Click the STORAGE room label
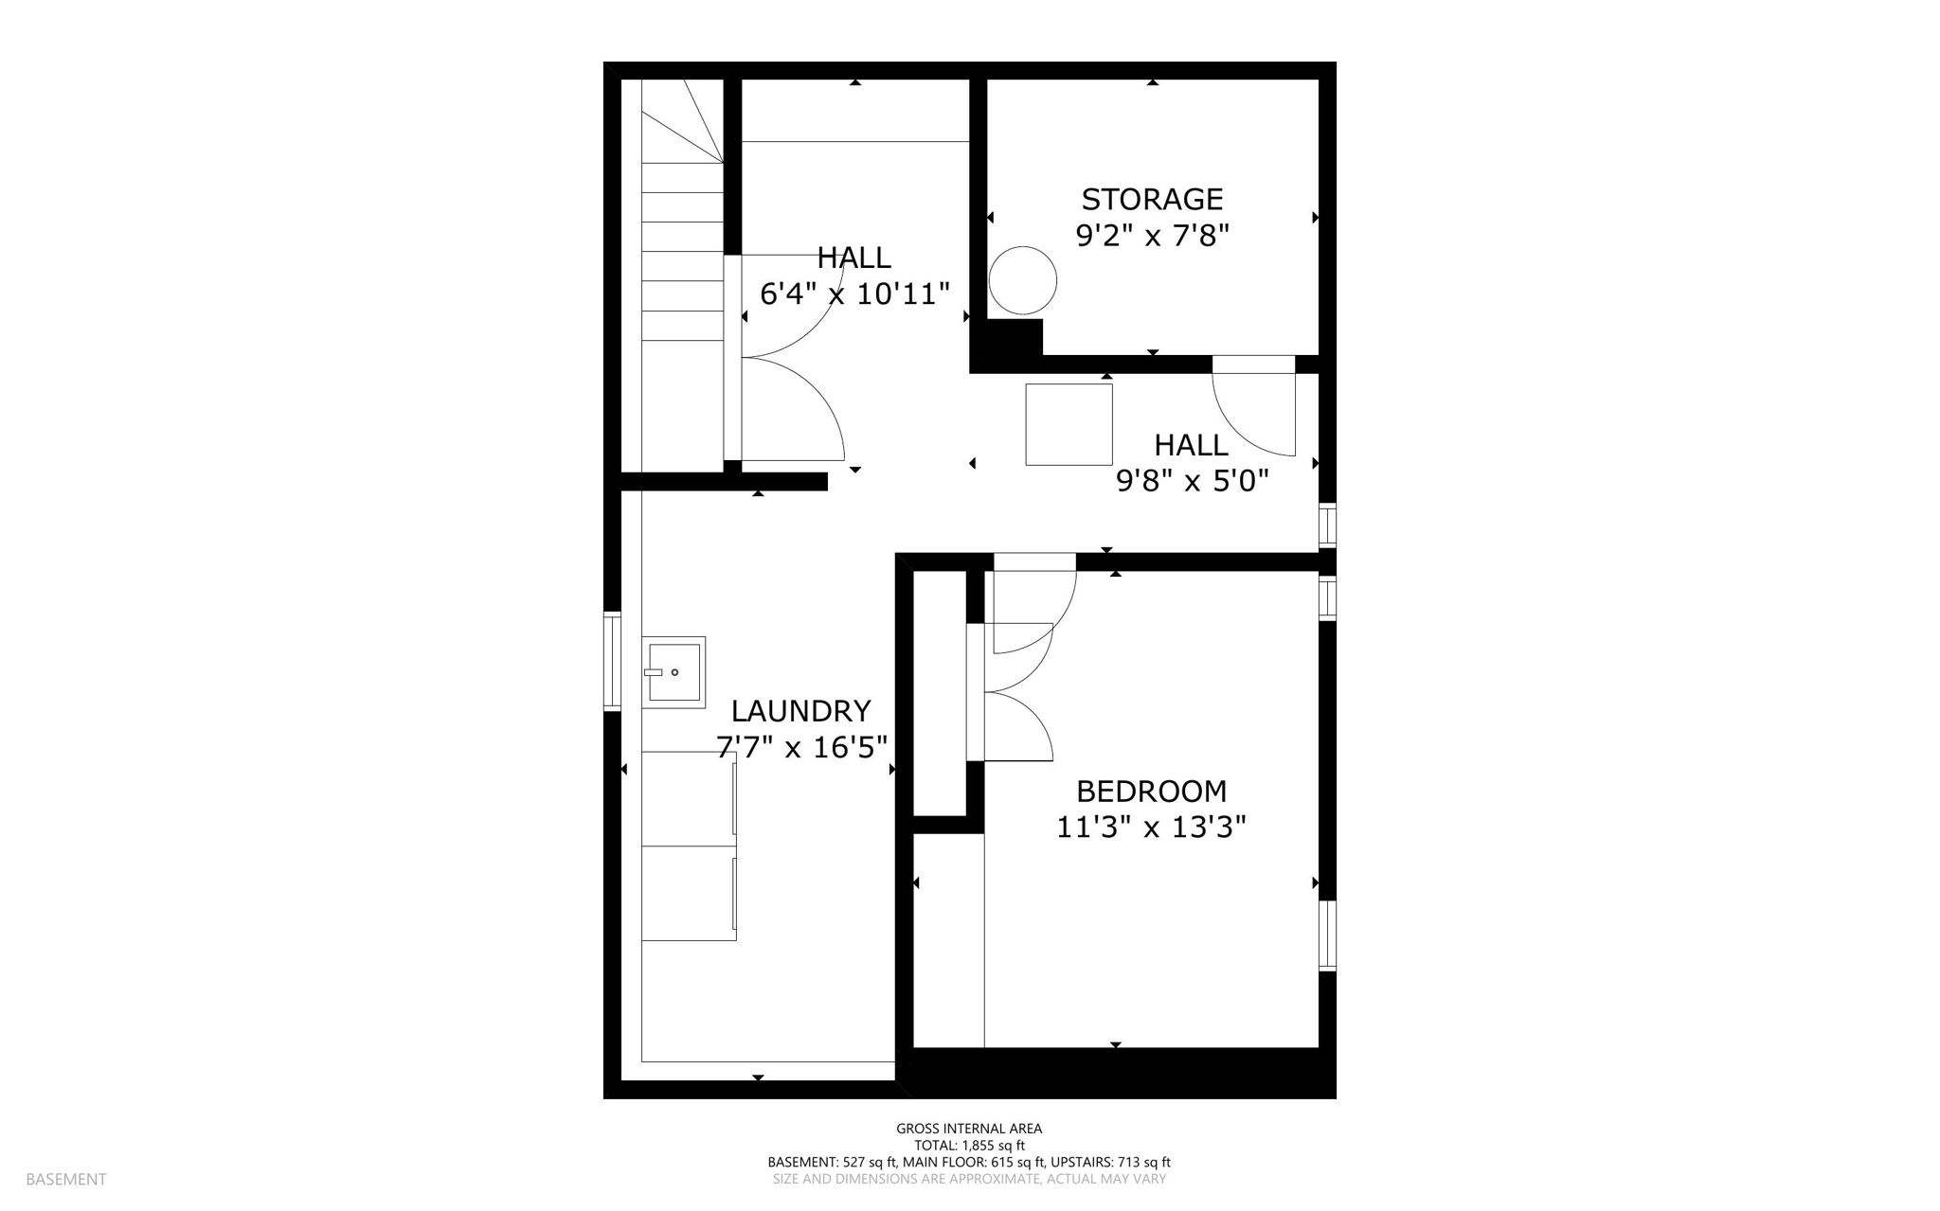click(x=1152, y=200)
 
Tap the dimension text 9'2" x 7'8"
click(x=1152, y=235)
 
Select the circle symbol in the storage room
click(x=1022, y=280)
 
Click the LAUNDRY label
click(x=800, y=711)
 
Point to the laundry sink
click(x=674, y=672)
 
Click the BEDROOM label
click(x=1151, y=791)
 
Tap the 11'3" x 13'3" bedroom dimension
click(x=1151, y=828)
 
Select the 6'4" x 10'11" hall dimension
click(x=854, y=294)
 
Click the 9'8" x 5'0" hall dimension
click(x=1192, y=481)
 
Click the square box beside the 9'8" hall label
click(x=1069, y=424)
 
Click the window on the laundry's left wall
click(x=612, y=662)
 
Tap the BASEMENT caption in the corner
click(x=66, y=1179)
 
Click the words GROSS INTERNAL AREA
click(x=969, y=1128)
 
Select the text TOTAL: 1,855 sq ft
click(x=969, y=1145)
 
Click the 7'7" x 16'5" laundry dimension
click(x=801, y=748)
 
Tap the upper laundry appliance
click(x=689, y=798)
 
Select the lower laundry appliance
click(x=689, y=893)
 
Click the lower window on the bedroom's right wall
click(x=1327, y=935)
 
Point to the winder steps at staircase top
click(x=684, y=120)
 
